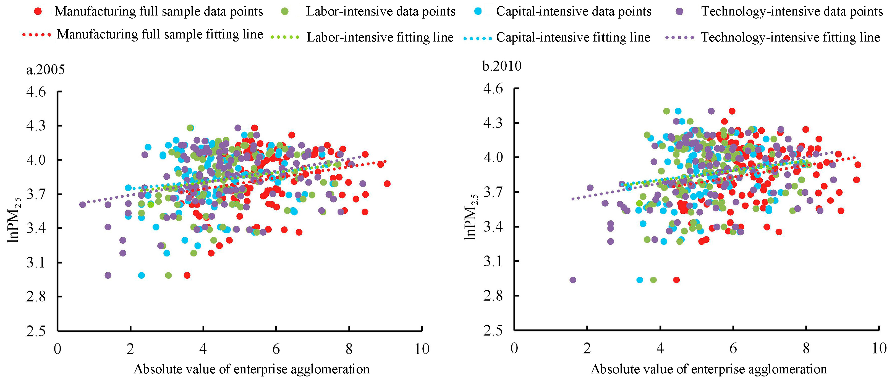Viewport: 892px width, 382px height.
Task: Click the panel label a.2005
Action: [x=45, y=70]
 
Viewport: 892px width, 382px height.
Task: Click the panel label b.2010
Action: [x=502, y=66]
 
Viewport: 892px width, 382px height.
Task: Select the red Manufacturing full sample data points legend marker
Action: [x=38, y=11]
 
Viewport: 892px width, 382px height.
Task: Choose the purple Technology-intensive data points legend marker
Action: [x=680, y=11]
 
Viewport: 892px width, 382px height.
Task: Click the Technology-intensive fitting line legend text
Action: [x=790, y=37]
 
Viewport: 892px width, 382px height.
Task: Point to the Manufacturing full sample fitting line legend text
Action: [x=160, y=34]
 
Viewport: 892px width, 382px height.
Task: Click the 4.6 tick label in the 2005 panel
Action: [x=36, y=92]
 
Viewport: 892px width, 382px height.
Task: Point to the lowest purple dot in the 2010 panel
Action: [x=573, y=280]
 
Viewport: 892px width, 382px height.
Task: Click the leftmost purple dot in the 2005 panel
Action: [x=82, y=205]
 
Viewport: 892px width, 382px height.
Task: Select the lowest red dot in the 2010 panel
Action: [x=676, y=280]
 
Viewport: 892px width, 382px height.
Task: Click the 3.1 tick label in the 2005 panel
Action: [x=36, y=262]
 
